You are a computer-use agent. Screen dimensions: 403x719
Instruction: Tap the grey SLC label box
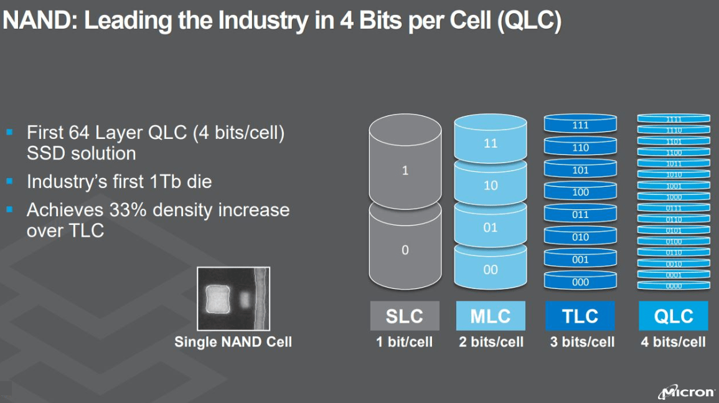coord(405,316)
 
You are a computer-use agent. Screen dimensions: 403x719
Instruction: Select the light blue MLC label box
coord(490,316)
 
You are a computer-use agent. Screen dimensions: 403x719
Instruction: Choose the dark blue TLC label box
coord(580,316)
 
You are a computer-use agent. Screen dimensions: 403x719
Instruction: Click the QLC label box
coord(674,316)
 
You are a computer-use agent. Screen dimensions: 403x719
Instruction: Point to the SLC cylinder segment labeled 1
coord(405,170)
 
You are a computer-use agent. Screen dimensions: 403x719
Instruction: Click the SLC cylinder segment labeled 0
coord(405,250)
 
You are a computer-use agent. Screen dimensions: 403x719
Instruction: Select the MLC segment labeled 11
coord(491,143)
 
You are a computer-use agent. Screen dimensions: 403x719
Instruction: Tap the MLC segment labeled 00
coord(491,270)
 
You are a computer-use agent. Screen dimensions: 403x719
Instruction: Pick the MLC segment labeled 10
coord(491,186)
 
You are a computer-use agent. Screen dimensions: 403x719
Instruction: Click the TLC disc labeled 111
coord(580,125)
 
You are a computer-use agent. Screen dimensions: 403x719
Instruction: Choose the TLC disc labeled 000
coord(580,282)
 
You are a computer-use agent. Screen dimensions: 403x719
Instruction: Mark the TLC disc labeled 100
coord(580,192)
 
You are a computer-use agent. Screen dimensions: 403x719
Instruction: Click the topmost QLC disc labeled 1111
coord(674,118)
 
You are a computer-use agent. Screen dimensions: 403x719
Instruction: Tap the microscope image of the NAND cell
coord(233,298)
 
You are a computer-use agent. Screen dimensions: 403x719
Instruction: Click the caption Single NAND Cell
coord(233,341)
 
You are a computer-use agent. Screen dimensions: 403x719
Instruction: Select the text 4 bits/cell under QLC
coord(674,342)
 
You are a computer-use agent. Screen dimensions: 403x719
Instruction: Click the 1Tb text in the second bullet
coord(161,182)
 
